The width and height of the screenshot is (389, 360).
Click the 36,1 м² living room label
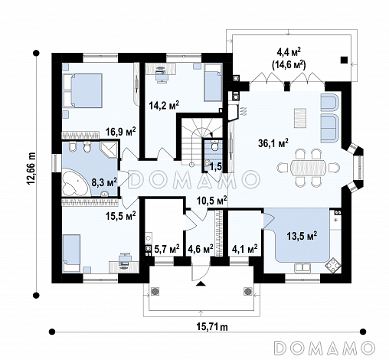[273, 143]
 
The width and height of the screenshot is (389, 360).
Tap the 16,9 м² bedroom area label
[121, 132]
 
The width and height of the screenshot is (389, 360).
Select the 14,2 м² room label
[164, 105]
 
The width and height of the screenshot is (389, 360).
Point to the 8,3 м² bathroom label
[104, 183]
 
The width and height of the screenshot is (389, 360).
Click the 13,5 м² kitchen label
[302, 236]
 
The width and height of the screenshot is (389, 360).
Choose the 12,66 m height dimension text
[31, 169]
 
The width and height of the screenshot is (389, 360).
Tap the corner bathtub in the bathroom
[75, 182]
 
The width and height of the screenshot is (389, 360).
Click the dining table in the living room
[308, 168]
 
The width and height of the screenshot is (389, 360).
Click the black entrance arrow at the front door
[201, 283]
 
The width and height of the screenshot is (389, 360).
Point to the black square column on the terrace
[344, 60]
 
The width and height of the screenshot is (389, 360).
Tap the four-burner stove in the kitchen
[333, 266]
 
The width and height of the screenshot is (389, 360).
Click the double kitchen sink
[302, 267]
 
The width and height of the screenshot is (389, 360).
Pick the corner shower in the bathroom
[109, 149]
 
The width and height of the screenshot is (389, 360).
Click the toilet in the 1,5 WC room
[214, 145]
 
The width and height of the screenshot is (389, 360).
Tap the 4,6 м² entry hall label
[200, 248]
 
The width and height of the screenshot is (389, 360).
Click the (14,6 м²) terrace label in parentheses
[289, 65]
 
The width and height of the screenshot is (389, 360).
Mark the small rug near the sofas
[300, 118]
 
